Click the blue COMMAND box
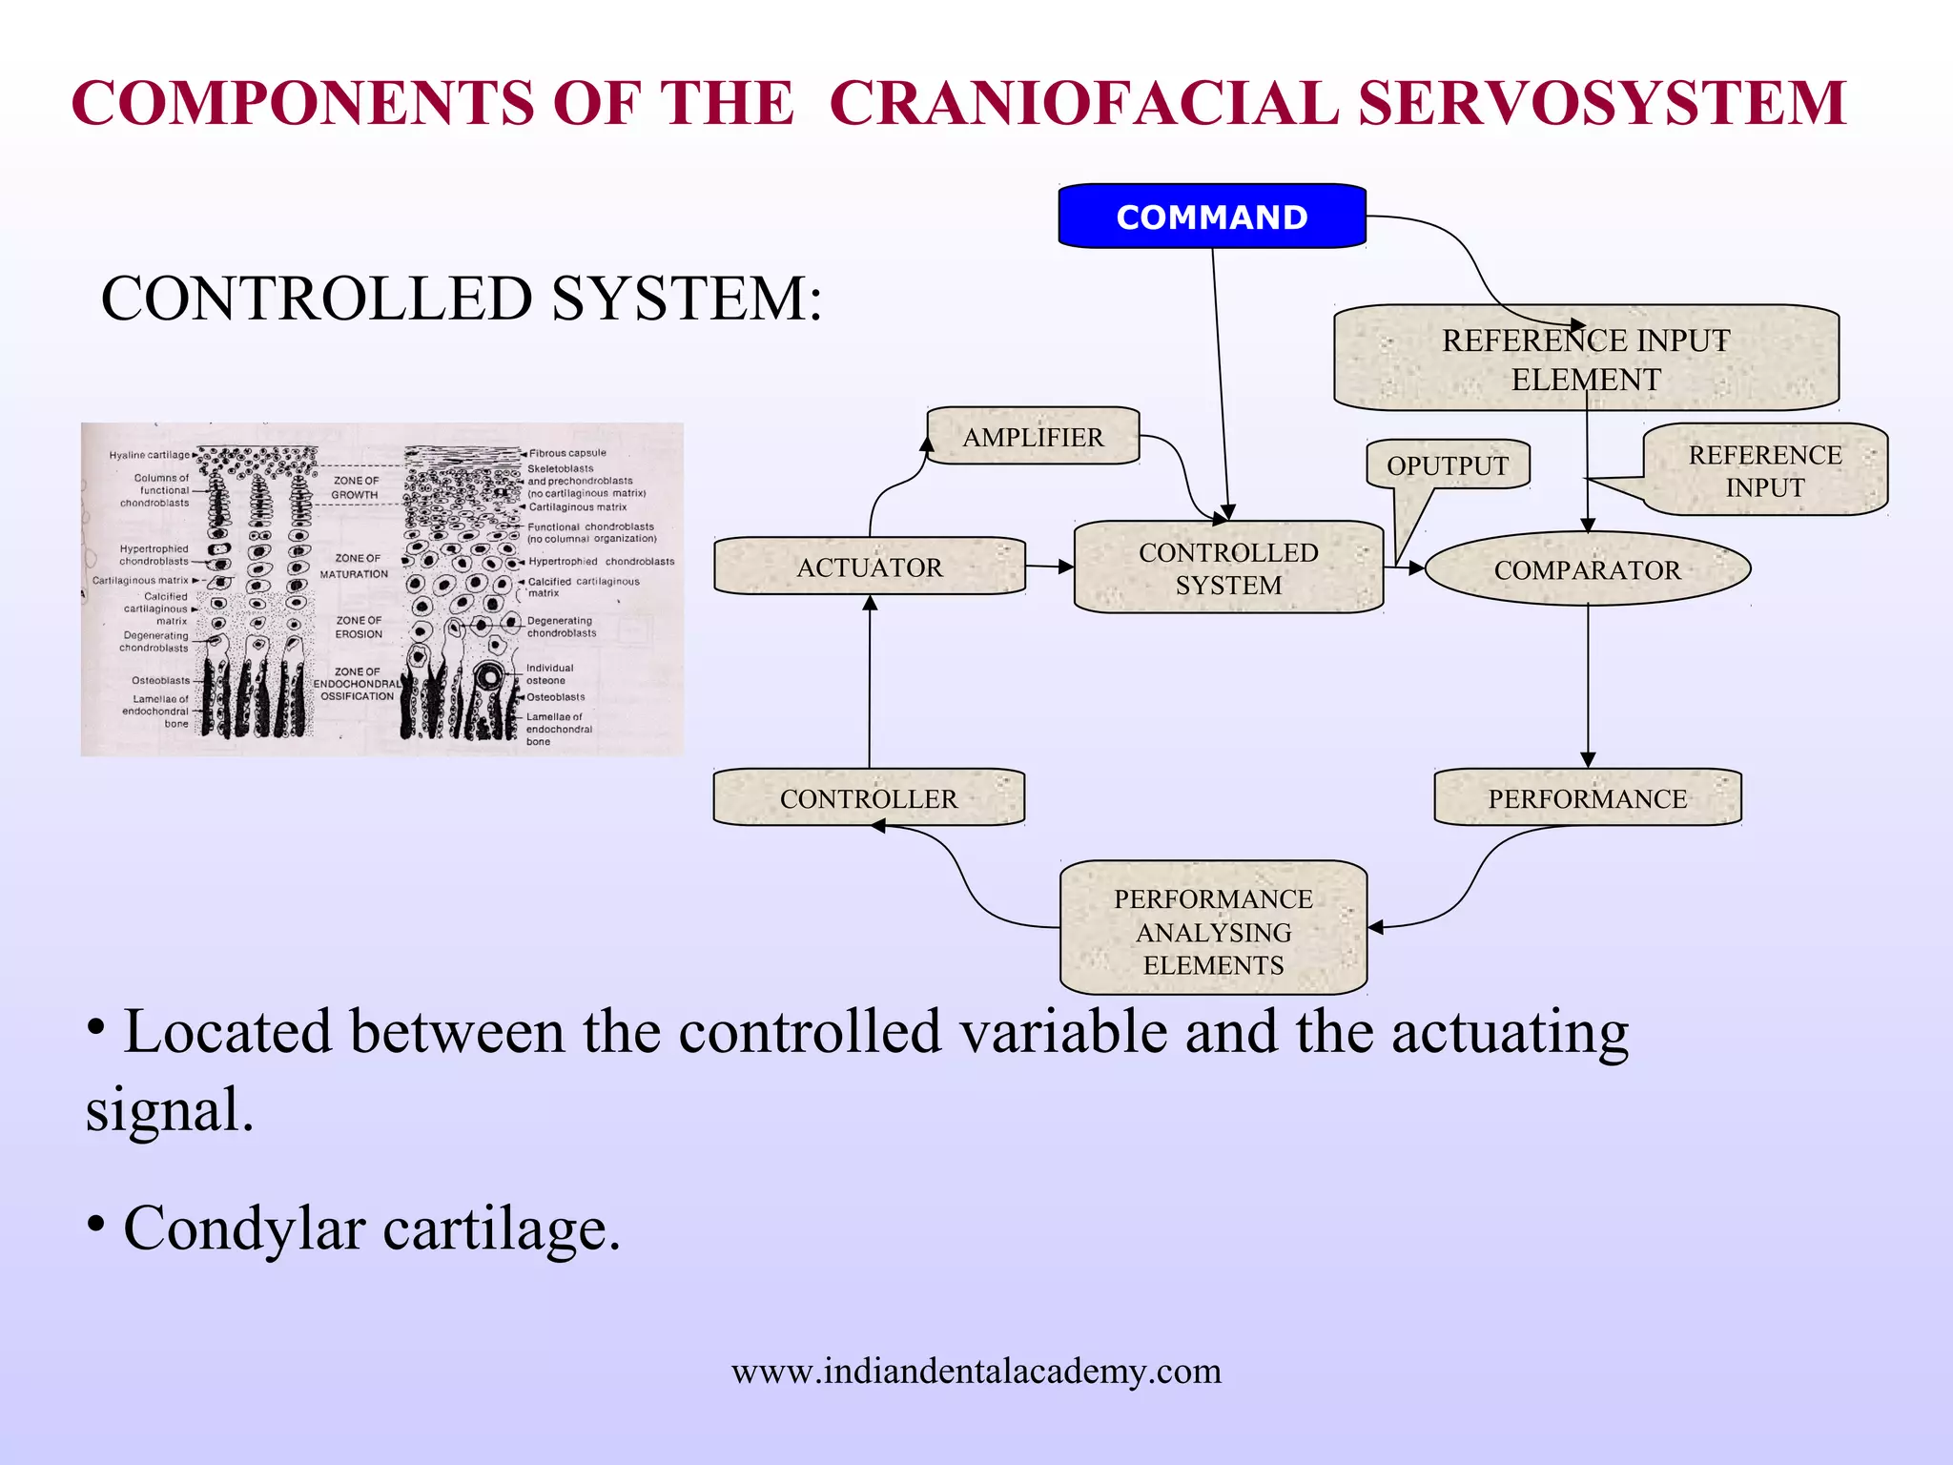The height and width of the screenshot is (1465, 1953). (x=1211, y=217)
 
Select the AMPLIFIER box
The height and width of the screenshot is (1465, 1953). (x=1033, y=437)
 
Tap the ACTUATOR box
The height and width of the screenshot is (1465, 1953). (x=869, y=567)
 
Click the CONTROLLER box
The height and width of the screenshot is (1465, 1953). (x=868, y=798)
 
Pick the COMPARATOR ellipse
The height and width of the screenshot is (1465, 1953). (x=1587, y=569)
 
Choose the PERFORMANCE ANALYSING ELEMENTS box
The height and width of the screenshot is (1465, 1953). (x=1213, y=931)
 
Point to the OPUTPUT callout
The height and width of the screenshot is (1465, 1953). (x=1447, y=465)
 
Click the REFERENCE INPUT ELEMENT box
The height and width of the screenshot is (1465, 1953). (x=1585, y=359)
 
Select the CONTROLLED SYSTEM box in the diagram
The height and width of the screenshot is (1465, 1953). (x=1228, y=568)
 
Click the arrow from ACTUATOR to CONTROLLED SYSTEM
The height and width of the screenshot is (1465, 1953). (x=1049, y=567)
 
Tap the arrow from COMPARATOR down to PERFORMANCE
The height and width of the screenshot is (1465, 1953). (x=1588, y=687)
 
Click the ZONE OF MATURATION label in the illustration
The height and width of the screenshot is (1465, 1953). (x=354, y=566)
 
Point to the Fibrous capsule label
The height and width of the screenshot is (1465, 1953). (x=567, y=453)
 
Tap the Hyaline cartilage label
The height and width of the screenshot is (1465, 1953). (x=149, y=455)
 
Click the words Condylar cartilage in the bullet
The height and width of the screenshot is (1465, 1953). (x=372, y=1228)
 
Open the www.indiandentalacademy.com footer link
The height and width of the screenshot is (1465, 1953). (x=976, y=1371)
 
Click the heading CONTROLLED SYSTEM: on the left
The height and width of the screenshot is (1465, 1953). (x=461, y=299)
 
